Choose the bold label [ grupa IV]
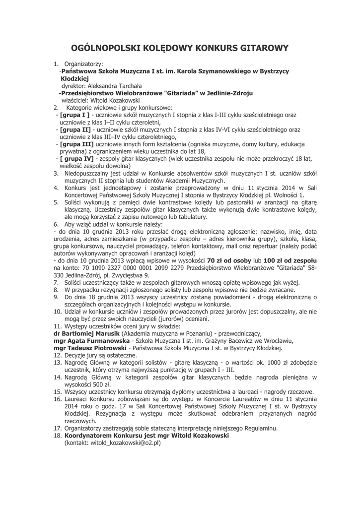click(x=76, y=158)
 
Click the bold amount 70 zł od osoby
click(x=228, y=260)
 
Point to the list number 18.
click(x=57, y=435)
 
